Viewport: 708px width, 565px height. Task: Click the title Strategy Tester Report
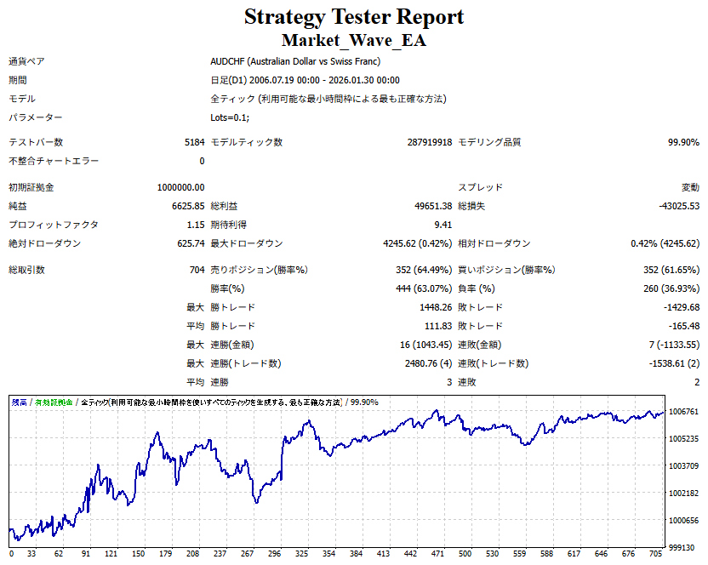pos(354,17)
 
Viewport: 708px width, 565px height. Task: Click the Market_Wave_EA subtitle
pos(354,40)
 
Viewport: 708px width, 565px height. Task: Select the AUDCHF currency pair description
pos(294,61)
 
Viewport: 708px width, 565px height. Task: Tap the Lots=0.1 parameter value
pos(230,117)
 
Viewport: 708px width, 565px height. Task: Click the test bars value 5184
pos(194,142)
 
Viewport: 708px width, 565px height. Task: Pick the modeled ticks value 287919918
pos(430,142)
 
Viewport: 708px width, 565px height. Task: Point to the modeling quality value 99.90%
pos(683,142)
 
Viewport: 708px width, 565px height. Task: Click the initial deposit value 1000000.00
pos(180,187)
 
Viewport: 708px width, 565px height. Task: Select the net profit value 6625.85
pos(188,206)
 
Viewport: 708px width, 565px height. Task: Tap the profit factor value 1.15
pos(195,225)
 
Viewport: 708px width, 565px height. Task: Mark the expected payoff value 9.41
pos(442,225)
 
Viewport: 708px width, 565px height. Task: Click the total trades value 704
pos(196,270)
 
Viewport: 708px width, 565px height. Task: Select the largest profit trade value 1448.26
pos(432,307)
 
